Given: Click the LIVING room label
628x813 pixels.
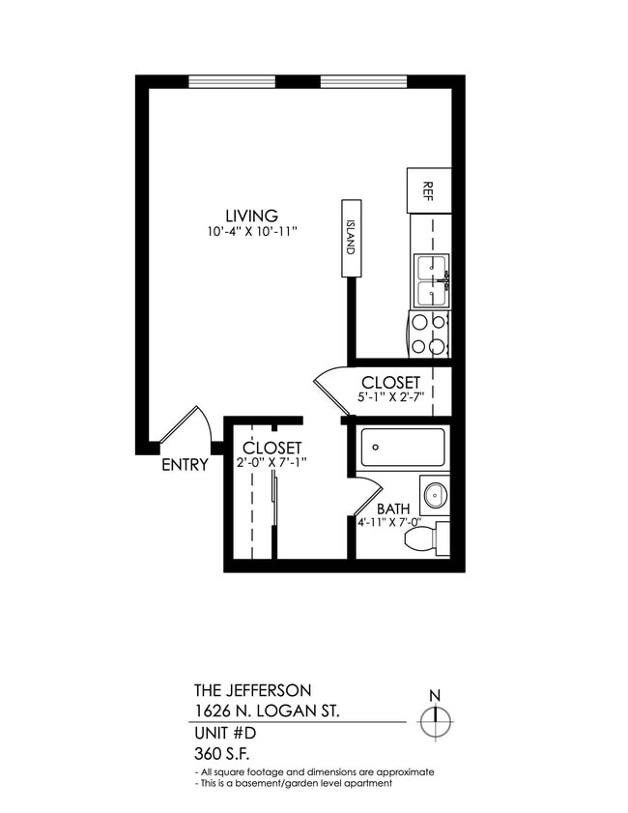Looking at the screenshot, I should point(251,216).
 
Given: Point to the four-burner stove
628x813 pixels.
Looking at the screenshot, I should point(429,334).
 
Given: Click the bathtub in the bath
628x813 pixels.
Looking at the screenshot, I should point(402,448).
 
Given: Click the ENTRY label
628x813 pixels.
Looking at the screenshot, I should point(185,465).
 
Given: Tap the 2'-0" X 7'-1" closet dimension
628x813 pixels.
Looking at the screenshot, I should point(271,462).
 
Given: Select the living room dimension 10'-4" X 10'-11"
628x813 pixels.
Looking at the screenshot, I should point(250,232).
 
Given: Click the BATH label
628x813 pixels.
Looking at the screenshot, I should point(393,509).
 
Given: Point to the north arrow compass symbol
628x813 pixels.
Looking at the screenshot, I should point(436,720).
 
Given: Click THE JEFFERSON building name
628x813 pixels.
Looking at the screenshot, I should point(252,690).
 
